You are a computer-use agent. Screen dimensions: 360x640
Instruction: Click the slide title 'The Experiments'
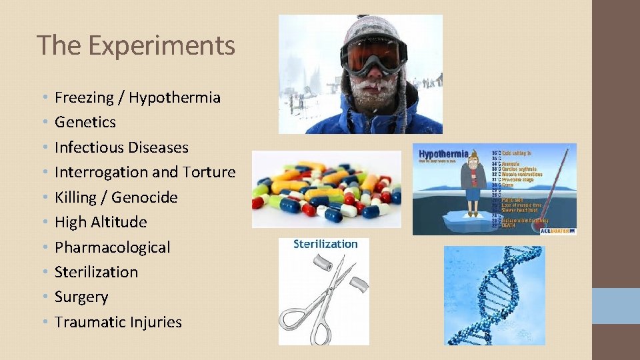point(136,45)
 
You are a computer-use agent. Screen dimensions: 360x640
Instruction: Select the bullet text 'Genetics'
point(85,122)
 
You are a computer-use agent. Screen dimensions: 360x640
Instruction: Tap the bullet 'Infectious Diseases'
point(121,147)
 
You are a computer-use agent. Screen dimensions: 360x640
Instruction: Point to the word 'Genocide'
point(145,197)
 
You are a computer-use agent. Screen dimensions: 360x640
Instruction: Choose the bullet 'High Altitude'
point(101,222)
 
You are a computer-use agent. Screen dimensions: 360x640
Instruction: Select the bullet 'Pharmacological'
point(112,247)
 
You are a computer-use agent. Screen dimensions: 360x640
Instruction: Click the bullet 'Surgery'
point(81,297)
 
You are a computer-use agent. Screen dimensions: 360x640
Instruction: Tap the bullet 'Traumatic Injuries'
point(118,322)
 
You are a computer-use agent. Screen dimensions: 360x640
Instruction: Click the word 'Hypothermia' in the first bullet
point(174,97)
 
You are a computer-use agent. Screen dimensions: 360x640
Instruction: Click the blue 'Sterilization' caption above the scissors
point(325,244)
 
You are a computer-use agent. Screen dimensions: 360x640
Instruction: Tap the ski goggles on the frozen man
point(373,56)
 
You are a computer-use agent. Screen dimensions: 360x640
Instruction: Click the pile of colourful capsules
point(326,189)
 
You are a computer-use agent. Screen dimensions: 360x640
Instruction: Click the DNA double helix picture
point(494,295)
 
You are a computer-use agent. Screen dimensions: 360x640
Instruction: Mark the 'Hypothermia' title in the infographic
point(443,154)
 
